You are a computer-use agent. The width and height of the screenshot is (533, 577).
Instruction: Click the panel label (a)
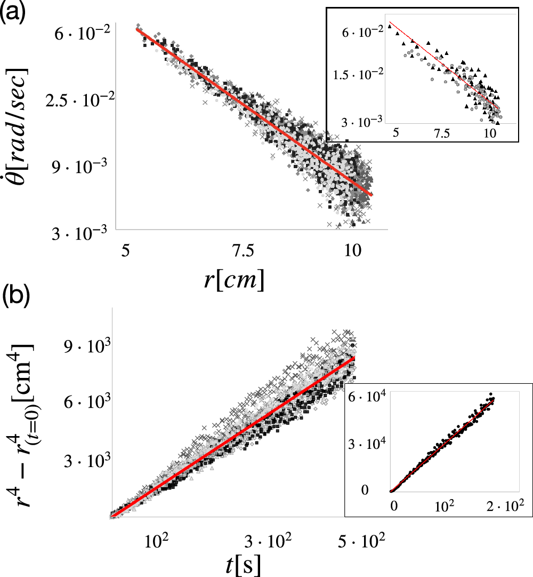tap(14, 12)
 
